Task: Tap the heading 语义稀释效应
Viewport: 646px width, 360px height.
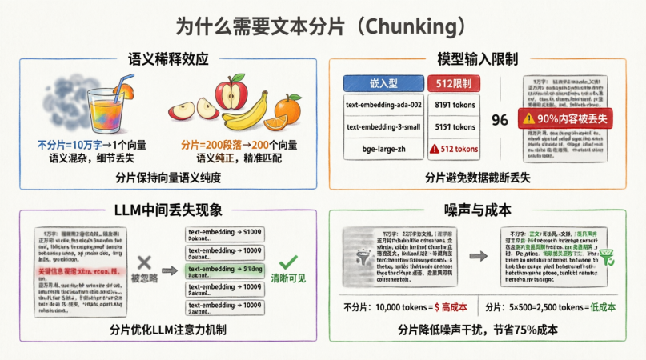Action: coord(168,59)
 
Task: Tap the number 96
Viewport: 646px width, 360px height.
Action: coord(500,120)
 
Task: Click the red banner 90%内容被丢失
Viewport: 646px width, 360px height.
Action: coord(564,117)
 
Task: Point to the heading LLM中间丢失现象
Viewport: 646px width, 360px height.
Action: coord(168,210)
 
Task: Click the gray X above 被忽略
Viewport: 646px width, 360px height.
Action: coord(145,261)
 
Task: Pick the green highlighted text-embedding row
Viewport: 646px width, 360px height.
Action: coord(226,269)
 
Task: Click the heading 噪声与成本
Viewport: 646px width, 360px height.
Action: coord(479,210)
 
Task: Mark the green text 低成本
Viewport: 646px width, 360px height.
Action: coord(600,307)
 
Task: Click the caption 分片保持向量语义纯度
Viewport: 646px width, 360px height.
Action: coord(168,177)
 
